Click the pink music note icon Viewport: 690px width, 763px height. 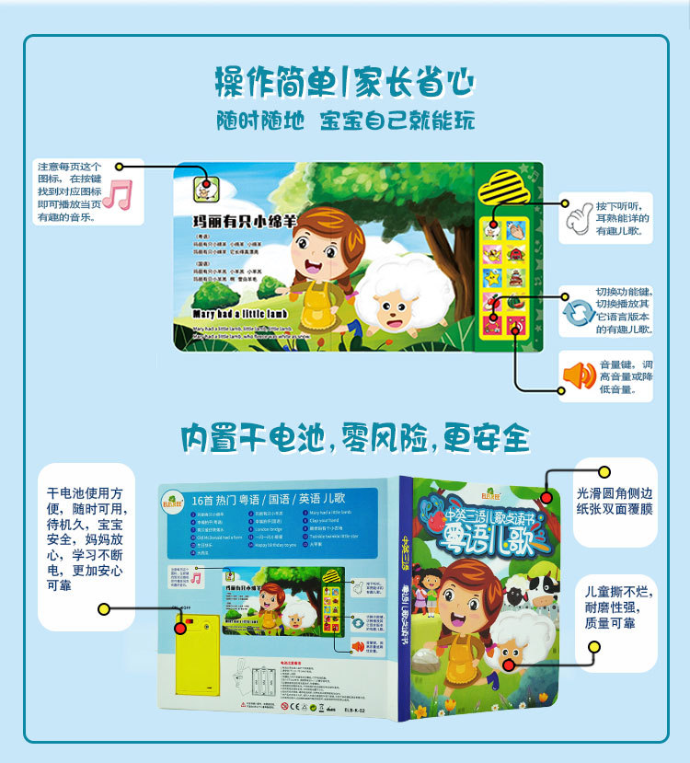pyautogui.click(x=117, y=193)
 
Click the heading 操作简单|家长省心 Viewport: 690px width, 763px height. pyautogui.click(x=344, y=82)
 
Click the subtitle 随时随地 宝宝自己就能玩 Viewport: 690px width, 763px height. pyautogui.click(x=344, y=121)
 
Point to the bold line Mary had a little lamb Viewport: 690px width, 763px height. pyautogui.click(x=240, y=313)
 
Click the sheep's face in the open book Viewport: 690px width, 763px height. pyautogui.click(x=397, y=308)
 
